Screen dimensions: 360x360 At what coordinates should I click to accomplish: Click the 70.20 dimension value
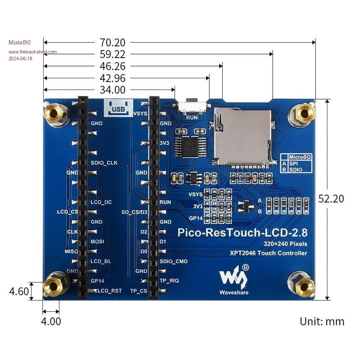[x=112, y=43]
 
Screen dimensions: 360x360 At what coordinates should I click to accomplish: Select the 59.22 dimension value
[x=112, y=54]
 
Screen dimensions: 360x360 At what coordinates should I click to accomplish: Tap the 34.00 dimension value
[x=112, y=90]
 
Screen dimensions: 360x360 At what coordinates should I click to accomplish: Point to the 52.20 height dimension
[x=331, y=198]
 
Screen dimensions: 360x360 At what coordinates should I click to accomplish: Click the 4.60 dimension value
[x=19, y=291]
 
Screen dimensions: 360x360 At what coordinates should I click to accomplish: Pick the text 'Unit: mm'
[x=322, y=321]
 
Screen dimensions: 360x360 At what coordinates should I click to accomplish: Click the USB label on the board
[x=118, y=108]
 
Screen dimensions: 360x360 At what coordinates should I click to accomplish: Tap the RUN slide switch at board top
[x=193, y=106]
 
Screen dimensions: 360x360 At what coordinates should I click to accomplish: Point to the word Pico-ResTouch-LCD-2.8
[x=243, y=233]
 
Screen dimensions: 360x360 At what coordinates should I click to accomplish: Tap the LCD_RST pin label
[x=110, y=291]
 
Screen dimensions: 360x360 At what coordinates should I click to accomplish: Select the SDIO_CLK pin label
[x=103, y=162]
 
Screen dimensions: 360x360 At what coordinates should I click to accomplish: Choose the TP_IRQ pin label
[x=169, y=281]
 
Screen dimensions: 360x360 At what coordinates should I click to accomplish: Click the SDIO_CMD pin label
[x=173, y=261]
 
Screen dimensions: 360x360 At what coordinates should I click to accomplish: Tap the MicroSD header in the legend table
[x=300, y=157]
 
